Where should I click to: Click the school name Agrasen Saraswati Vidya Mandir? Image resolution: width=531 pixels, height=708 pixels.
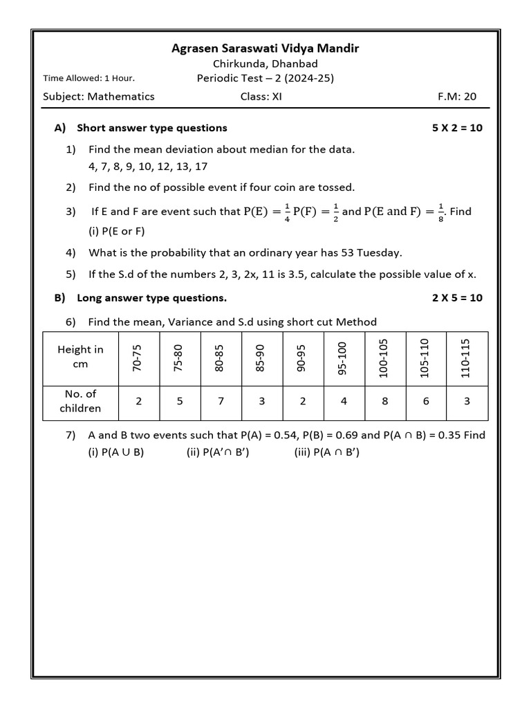[265, 48]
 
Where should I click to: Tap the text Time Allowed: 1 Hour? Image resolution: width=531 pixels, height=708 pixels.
[88, 78]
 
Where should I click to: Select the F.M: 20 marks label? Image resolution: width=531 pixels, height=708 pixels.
[457, 97]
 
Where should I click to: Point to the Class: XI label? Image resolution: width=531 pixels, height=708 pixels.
[261, 97]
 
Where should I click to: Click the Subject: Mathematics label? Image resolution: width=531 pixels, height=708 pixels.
[99, 97]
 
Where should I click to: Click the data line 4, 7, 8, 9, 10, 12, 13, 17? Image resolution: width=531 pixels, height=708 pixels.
[148, 167]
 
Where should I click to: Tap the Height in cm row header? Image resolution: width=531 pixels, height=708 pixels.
[80, 357]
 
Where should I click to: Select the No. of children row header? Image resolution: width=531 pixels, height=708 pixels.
[80, 401]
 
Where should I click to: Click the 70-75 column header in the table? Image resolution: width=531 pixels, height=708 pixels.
[139, 357]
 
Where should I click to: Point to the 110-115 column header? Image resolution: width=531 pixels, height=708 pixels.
[465, 357]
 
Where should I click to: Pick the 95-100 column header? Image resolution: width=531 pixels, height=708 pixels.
[343, 357]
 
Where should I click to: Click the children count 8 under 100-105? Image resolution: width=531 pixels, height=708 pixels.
[384, 401]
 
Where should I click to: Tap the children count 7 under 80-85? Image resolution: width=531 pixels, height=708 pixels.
[221, 401]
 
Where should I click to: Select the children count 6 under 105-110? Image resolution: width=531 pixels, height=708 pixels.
[425, 401]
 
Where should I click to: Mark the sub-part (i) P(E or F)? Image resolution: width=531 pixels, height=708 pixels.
[117, 232]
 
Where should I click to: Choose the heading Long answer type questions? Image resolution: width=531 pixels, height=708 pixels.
[152, 298]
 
